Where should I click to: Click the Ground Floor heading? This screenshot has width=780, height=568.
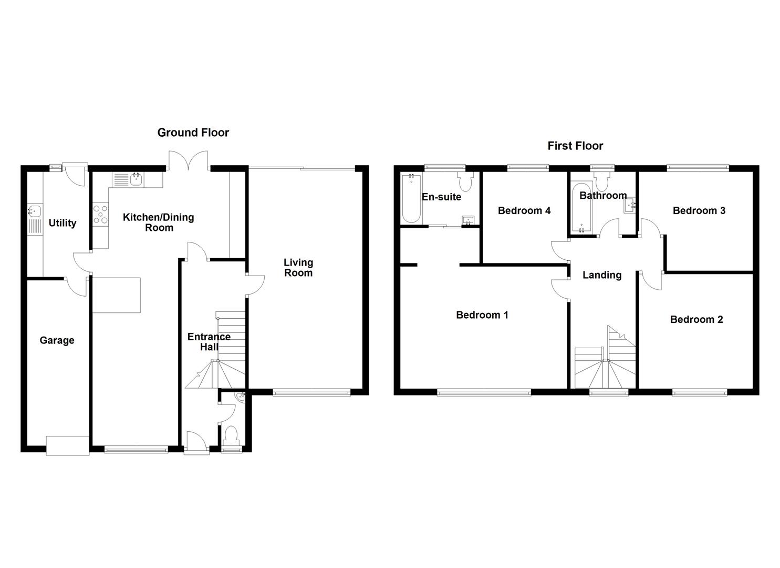click(x=193, y=133)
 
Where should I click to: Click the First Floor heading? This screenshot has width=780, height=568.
click(x=575, y=146)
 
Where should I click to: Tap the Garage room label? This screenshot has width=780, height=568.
click(x=57, y=340)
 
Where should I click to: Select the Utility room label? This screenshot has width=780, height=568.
click(x=63, y=223)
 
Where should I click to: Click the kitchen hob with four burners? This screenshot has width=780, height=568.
click(x=100, y=215)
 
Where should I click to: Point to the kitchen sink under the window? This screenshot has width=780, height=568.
click(x=137, y=180)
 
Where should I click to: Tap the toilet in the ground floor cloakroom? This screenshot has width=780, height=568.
click(x=231, y=435)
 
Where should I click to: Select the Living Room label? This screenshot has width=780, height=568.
click(x=298, y=267)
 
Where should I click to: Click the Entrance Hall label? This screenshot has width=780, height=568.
click(x=209, y=342)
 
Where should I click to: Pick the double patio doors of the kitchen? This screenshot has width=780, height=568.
click(x=189, y=160)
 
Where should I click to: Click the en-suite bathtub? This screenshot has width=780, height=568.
click(x=410, y=199)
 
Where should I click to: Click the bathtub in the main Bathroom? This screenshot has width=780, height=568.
click(x=581, y=209)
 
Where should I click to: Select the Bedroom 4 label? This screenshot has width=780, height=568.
click(x=524, y=210)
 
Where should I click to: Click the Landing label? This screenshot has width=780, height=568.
click(x=601, y=275)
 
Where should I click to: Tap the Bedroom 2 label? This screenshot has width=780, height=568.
click(x=696, y=319)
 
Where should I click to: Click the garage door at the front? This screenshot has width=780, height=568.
click(x=67, y=445)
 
